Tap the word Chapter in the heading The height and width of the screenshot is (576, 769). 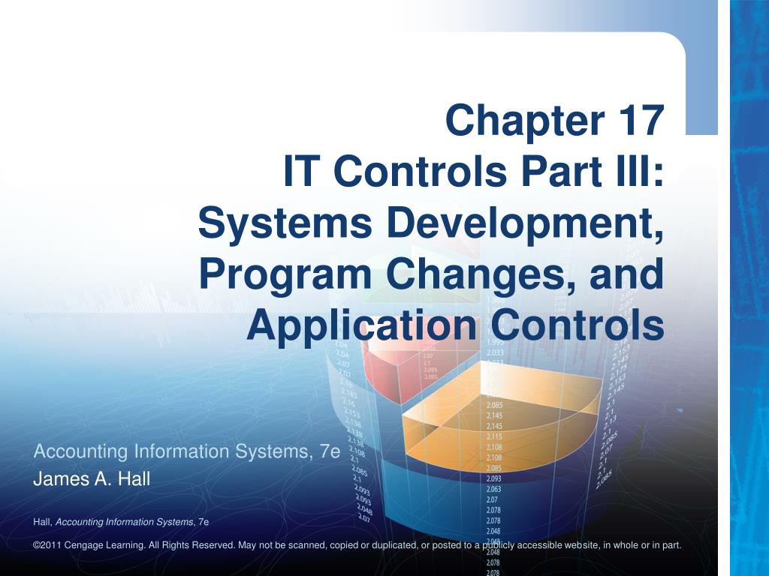(x=516, y=120)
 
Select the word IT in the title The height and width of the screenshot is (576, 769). (x=303, y=172)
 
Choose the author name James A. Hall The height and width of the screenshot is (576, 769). (x=92, y=479)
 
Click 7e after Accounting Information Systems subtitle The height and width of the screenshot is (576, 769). (x=330, y=451)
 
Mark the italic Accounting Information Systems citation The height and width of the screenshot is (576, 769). (x=125, y=521)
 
